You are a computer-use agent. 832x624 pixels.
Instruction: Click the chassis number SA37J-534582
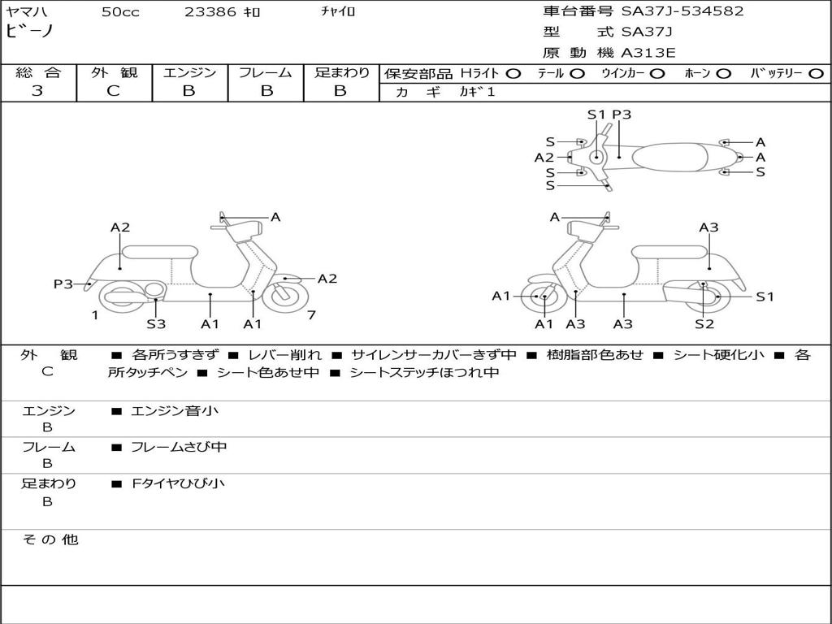pos(682,11)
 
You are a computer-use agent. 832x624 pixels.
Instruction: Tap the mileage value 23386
pos(210,12)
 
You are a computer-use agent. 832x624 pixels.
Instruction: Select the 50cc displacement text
pos(120,12)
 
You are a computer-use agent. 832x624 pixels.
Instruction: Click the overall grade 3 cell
pos(37,91)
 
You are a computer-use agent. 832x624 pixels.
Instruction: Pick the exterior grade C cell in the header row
pos(113,91)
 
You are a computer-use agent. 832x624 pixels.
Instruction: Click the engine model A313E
pos(648,54)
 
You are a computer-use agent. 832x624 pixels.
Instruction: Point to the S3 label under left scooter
pos(156,324)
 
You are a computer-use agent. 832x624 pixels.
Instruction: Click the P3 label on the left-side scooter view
pos(63,284)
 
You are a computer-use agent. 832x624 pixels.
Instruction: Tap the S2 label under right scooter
pos(704,324)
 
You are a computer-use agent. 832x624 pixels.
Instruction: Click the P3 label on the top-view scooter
pos(622,115)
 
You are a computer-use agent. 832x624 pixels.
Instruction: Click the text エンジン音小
pos(174,411)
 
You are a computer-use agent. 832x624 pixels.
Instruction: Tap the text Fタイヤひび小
pos(178,483)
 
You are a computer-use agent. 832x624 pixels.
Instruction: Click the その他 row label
pos(50,539)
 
